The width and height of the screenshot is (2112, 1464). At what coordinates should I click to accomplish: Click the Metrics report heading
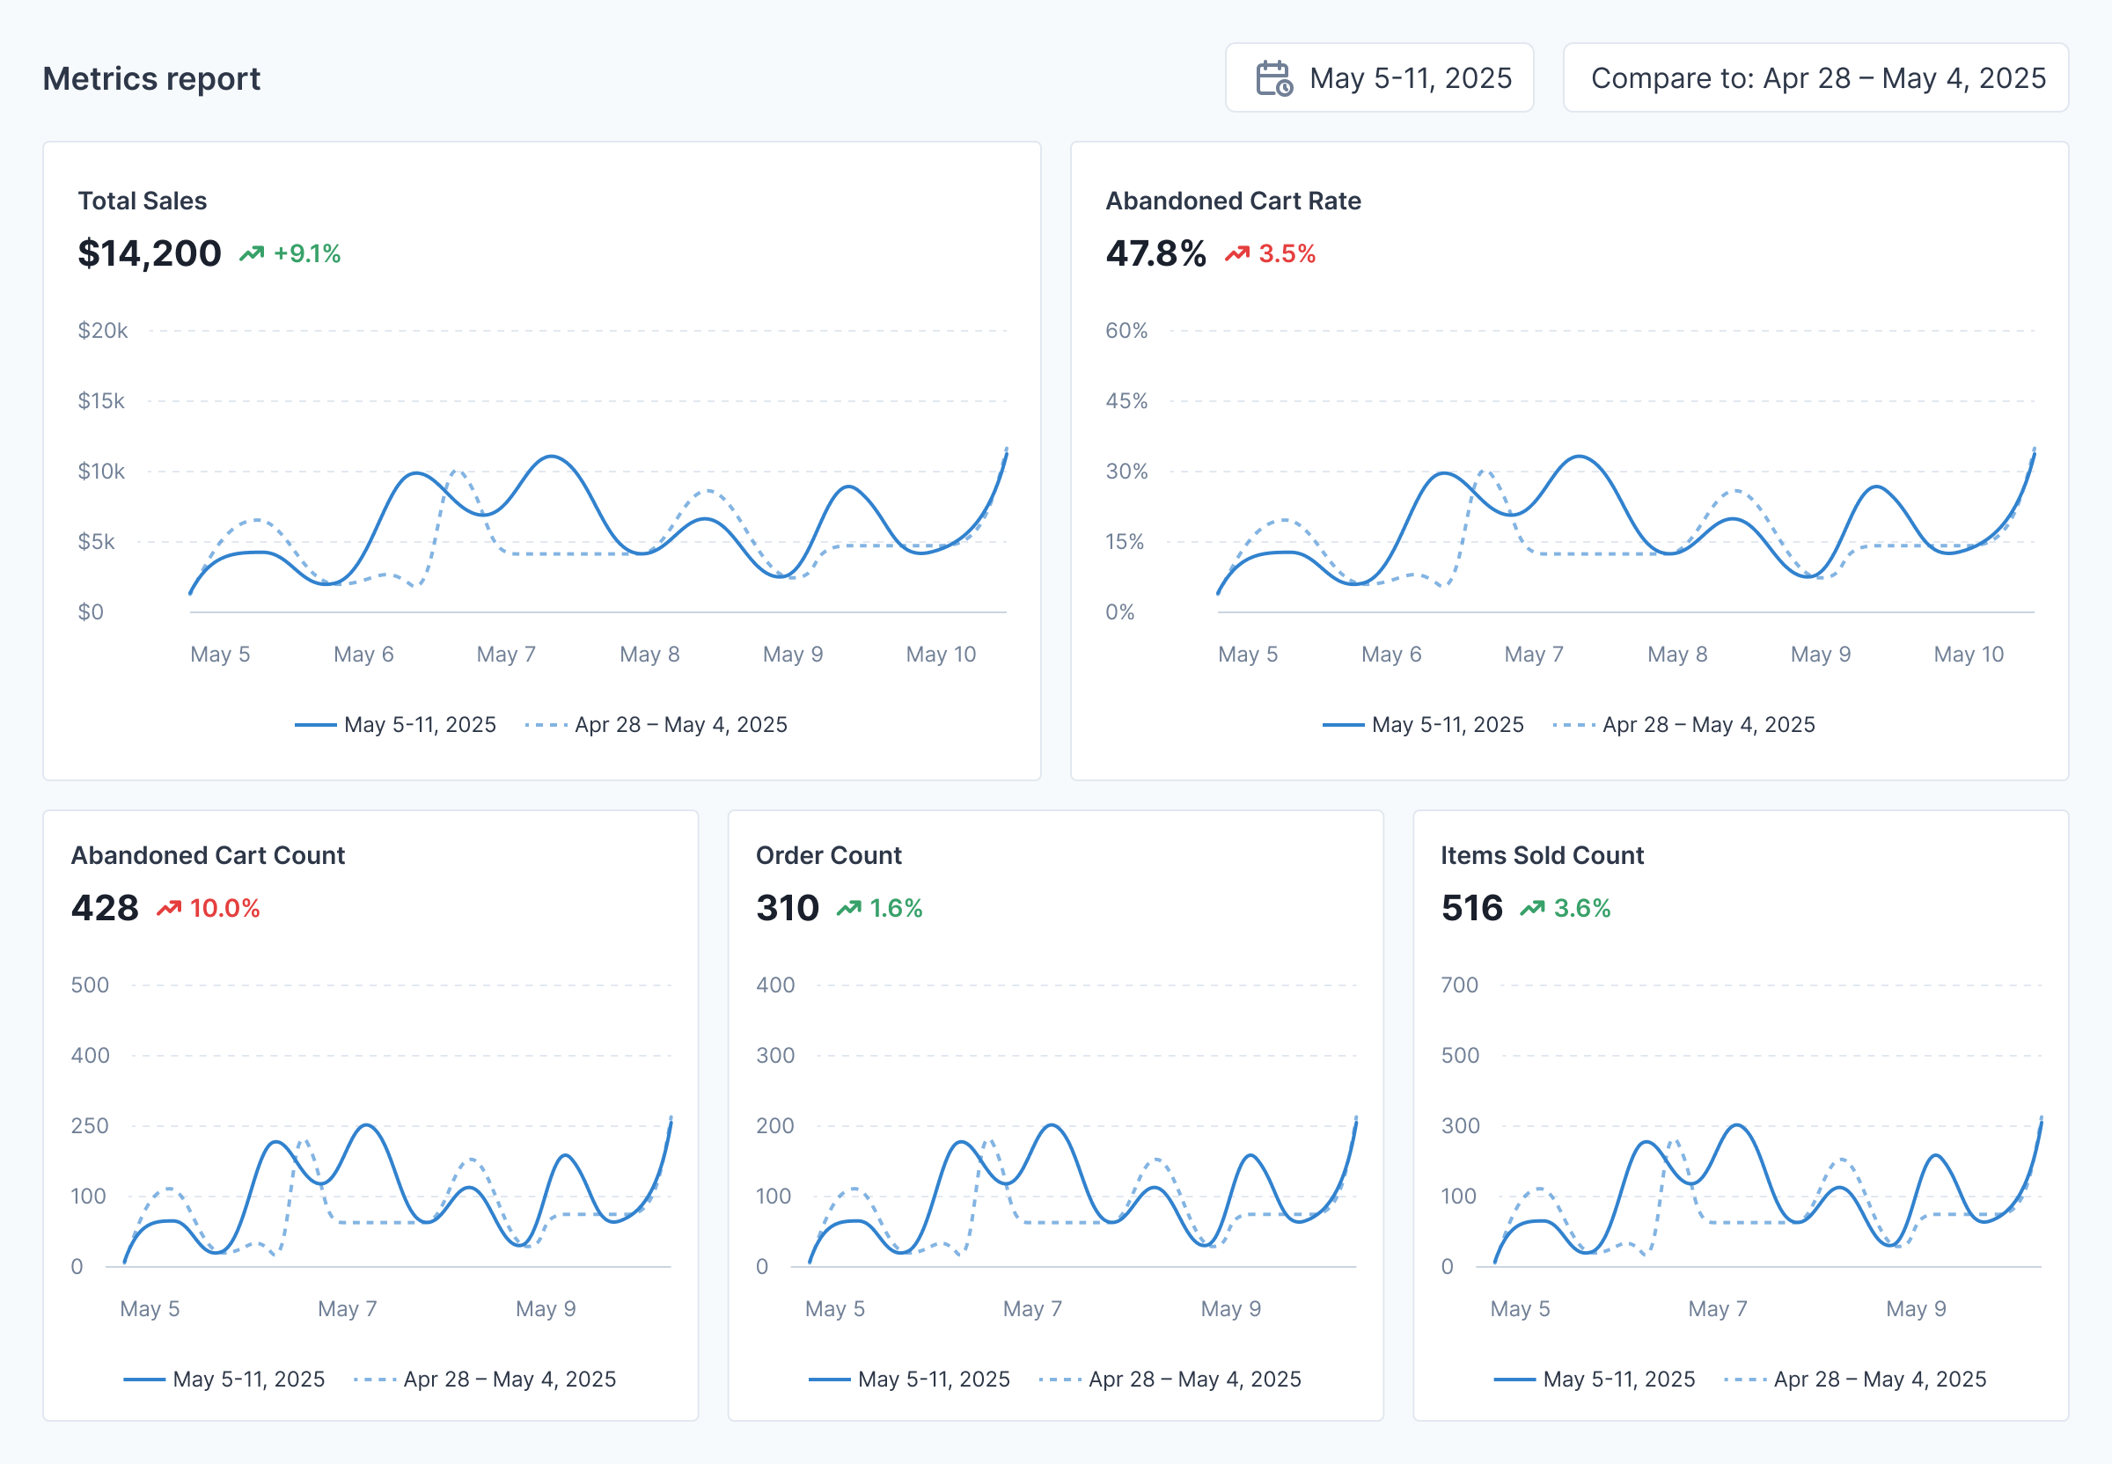coord(151,79)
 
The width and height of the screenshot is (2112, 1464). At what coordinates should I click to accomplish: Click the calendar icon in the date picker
coord(1273,79)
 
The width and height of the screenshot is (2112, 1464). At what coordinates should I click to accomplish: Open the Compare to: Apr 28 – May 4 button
coord(1815,79)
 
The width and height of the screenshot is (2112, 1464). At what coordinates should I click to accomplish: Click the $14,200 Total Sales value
coord(150,253)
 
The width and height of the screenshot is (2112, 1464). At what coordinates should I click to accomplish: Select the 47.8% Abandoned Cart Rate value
coord(1155,253)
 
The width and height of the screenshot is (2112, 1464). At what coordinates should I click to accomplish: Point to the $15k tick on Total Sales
coord(101,401)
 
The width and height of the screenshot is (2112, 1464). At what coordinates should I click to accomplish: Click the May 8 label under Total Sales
coord(649,654)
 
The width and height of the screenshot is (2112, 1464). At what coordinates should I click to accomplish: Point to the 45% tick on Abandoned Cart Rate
coord(1126,401)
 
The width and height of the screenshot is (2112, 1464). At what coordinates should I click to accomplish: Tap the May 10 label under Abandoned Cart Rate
coord(1968,654)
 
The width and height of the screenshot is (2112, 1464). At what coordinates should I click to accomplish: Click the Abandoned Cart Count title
coord(209,855)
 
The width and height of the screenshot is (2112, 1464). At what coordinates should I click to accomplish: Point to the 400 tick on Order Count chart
coord(775,985)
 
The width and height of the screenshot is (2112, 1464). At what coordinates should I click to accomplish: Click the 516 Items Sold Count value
coord(1471,908)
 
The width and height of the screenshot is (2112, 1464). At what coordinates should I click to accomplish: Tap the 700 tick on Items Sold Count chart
coord(1459,985)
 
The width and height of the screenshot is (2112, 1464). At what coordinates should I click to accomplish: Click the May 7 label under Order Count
coord(1032,1309)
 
